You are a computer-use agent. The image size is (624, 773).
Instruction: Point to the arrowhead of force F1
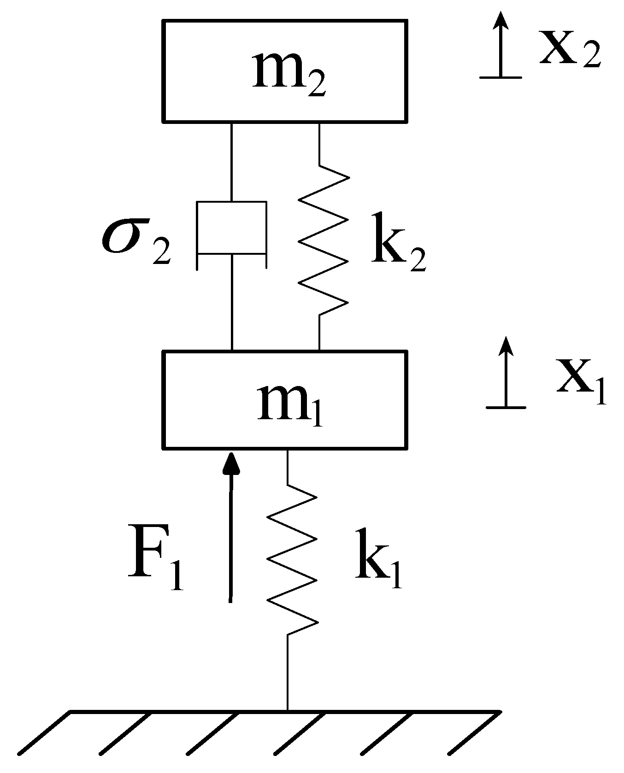[231, 463]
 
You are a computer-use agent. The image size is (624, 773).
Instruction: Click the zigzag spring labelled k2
[324, 240]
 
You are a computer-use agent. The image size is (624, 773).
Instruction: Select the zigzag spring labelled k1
[293, 560]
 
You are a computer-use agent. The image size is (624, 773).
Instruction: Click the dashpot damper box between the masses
[231, 228]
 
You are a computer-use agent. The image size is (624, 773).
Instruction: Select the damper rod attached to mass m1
[231, 304]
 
